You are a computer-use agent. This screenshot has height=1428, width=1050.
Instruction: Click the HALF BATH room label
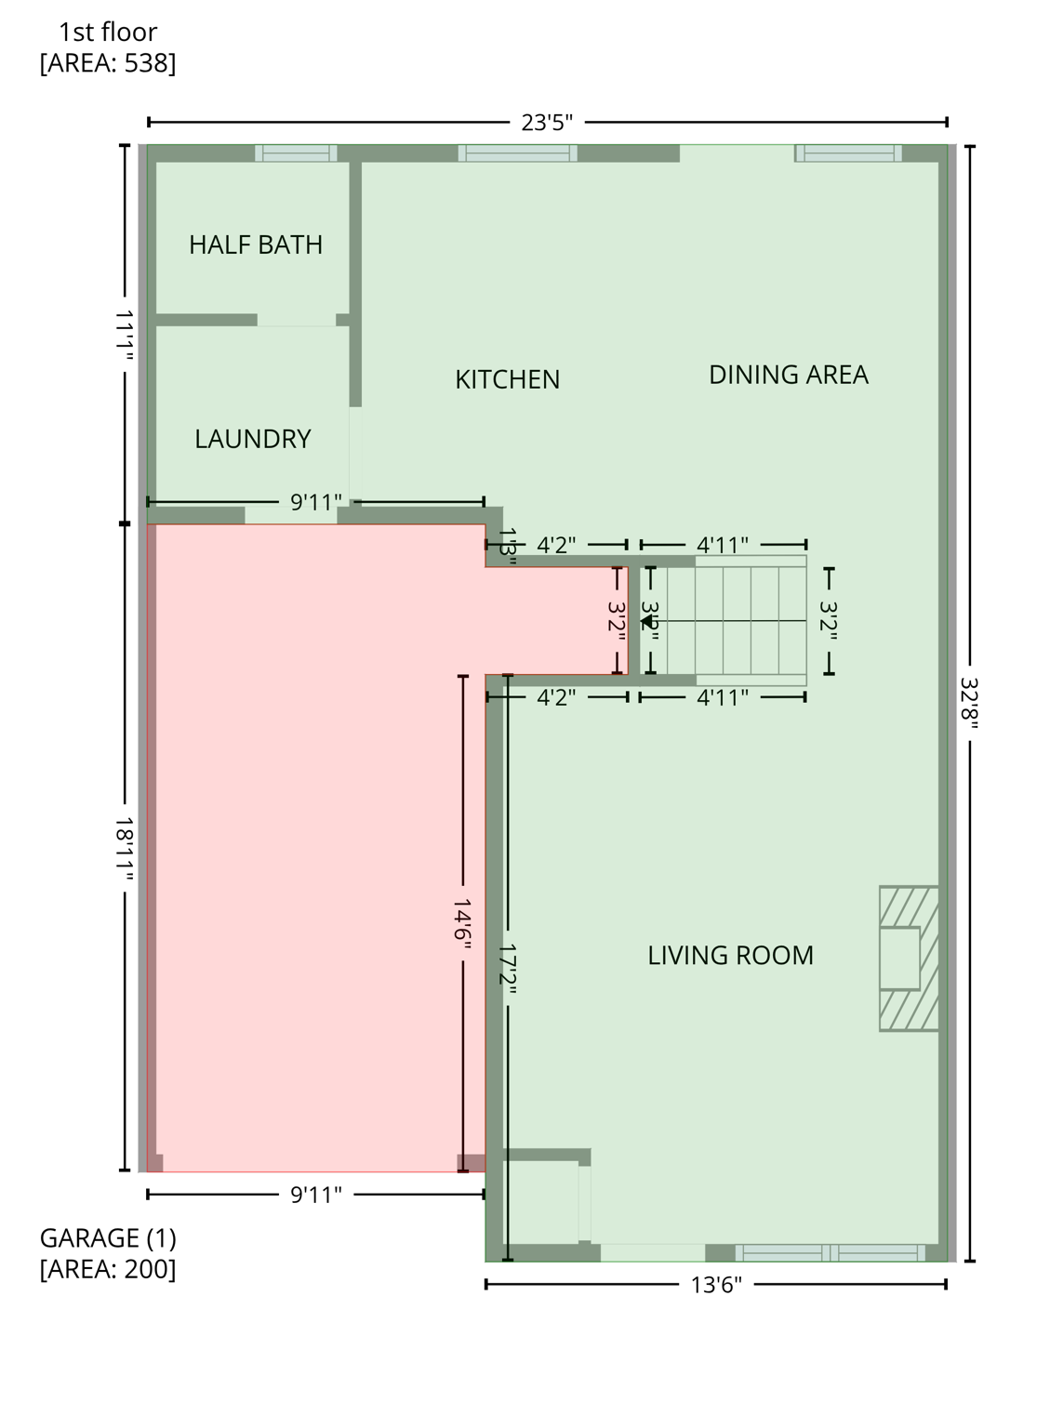256,245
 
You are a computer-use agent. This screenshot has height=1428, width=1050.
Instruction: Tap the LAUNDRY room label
252,439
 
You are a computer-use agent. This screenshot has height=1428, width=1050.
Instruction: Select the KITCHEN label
507,379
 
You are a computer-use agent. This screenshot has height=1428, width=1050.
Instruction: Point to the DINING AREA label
788,375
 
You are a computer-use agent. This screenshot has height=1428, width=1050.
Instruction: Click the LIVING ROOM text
730,956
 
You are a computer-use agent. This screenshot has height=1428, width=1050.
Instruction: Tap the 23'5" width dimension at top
547,123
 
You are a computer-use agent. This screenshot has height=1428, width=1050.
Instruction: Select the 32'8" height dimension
969,704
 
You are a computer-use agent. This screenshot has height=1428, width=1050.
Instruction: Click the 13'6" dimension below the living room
715,1285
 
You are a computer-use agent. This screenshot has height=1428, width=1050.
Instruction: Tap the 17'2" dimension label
507,970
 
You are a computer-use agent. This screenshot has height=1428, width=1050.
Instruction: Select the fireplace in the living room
908,958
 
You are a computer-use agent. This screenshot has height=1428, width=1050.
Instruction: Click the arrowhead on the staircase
646,621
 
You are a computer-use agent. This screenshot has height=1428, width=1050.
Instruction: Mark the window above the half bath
296,153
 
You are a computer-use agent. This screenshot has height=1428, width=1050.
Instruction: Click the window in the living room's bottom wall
830,1252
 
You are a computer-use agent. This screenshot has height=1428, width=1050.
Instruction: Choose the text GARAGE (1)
108,1238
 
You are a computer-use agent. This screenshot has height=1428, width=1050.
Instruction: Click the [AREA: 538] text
108,63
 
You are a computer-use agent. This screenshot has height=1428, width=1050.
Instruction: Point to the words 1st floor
108,33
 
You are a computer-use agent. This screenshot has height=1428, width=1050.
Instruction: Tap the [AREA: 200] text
108,1269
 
